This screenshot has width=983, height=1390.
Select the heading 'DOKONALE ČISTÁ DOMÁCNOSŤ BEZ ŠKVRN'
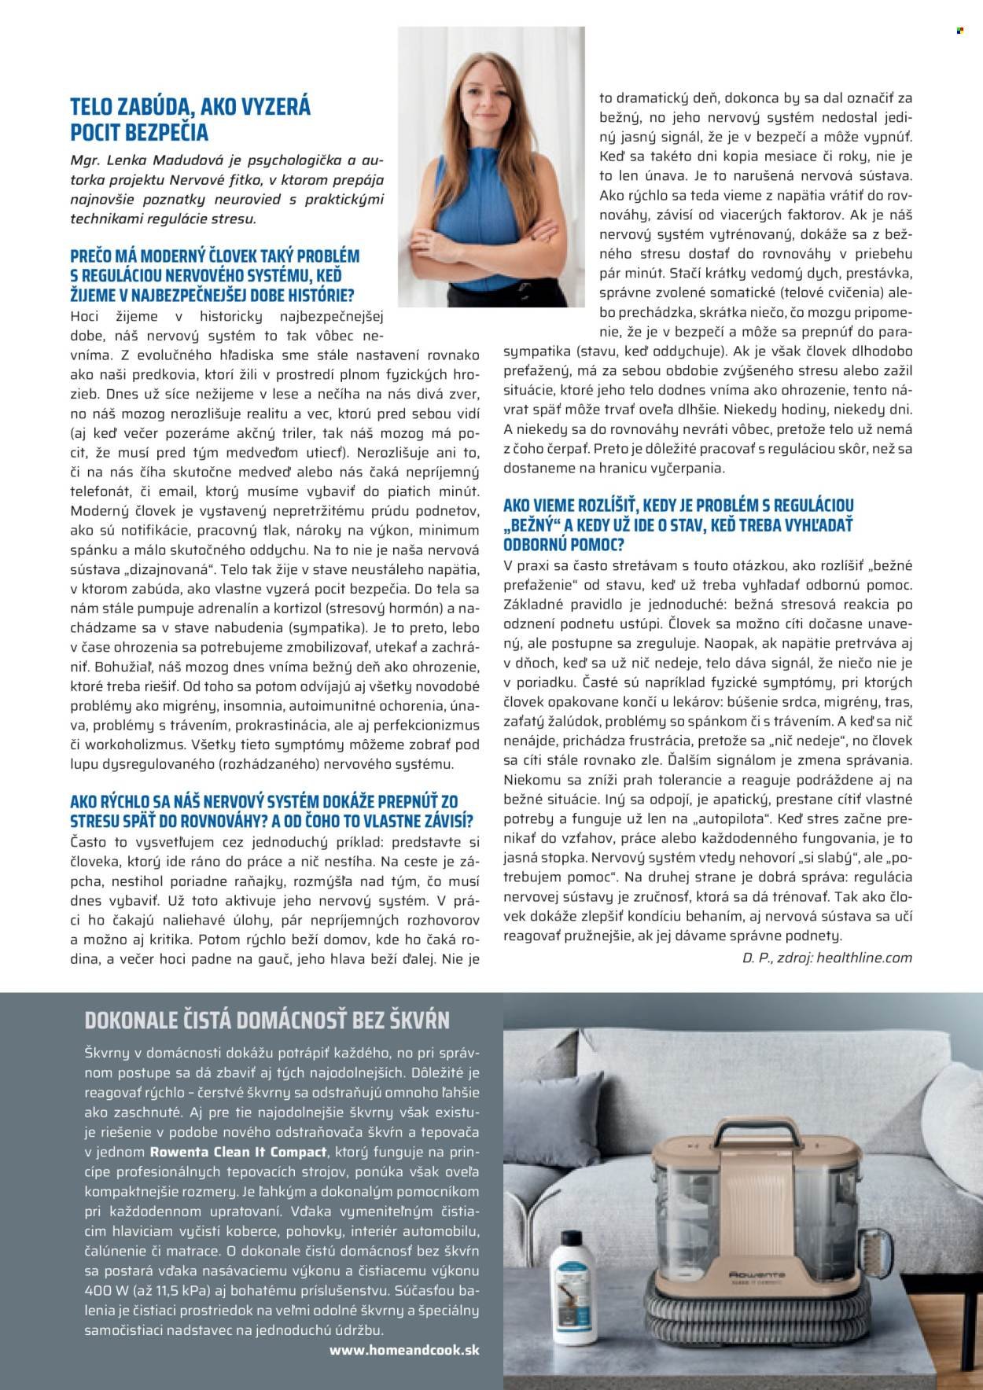(x=267, y=1020)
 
